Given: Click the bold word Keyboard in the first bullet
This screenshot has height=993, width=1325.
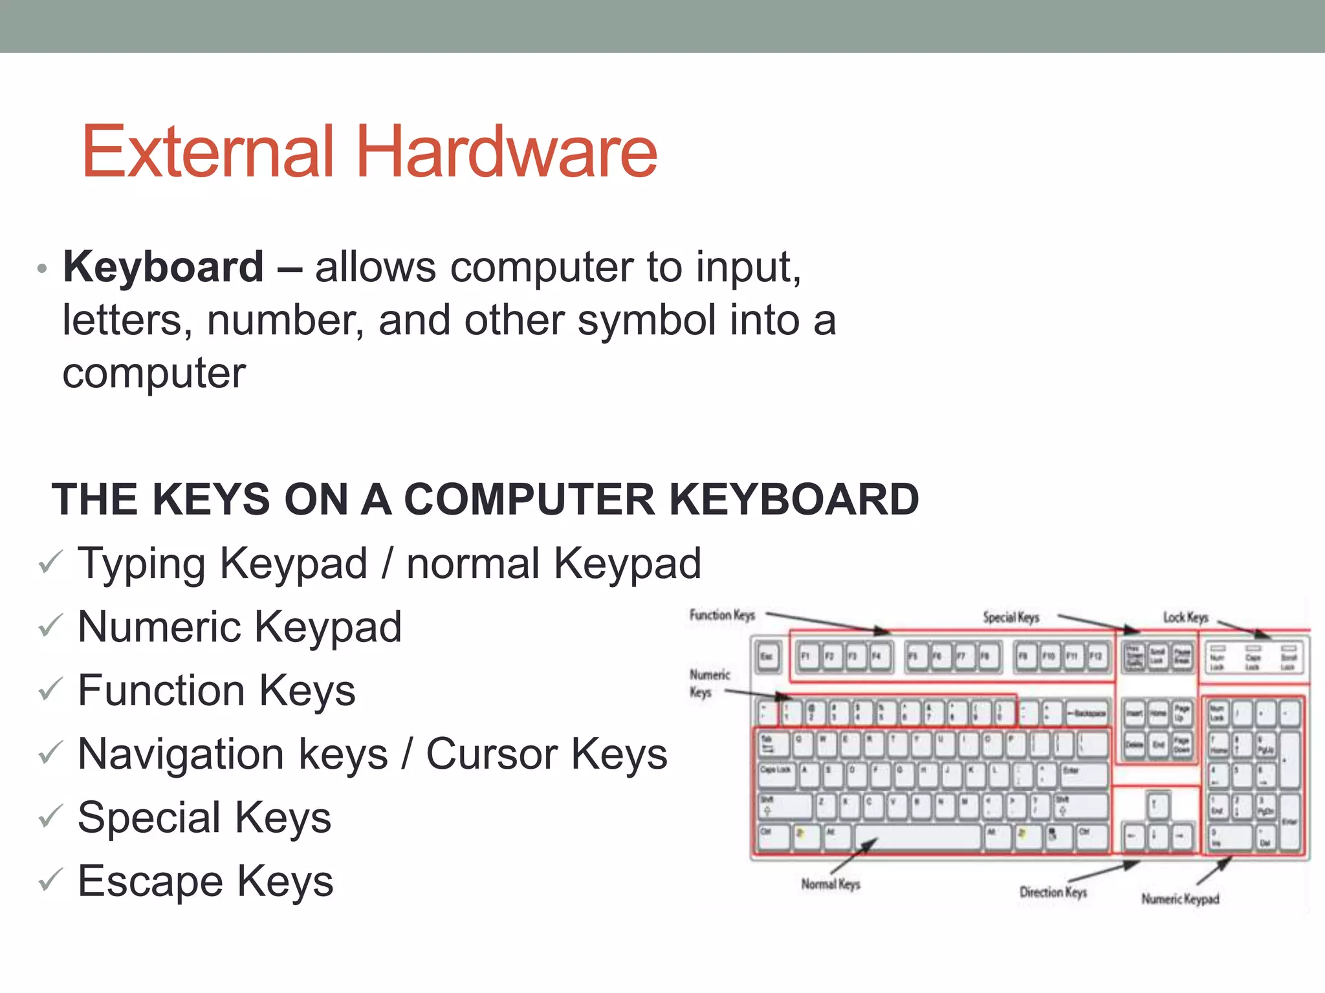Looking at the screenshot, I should tap(163, 266).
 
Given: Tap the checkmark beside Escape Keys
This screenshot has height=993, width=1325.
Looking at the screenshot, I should tap(50, 880).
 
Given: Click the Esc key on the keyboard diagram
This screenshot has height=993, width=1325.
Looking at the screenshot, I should tap(768, 657).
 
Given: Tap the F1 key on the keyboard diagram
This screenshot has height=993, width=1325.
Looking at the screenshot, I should tap(806, 657).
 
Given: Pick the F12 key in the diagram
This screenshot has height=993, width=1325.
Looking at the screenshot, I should tap(1095, 657).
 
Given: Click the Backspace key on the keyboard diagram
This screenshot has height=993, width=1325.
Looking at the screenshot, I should tap(1086, 713).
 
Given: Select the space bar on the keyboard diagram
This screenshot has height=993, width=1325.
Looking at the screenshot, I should tap(919, 837).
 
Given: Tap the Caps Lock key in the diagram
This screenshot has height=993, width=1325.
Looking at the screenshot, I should tap(775, 773).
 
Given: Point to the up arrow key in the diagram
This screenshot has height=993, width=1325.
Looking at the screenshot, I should tap(1157, 806).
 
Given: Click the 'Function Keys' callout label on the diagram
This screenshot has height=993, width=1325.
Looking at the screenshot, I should tap(722, 615).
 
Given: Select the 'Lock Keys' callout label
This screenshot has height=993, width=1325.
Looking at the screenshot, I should tap(1185, 617).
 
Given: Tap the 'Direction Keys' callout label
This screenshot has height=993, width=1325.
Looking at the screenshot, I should tap(1053, 892).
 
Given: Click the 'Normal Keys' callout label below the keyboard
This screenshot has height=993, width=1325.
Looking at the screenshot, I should tap(831, 884).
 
